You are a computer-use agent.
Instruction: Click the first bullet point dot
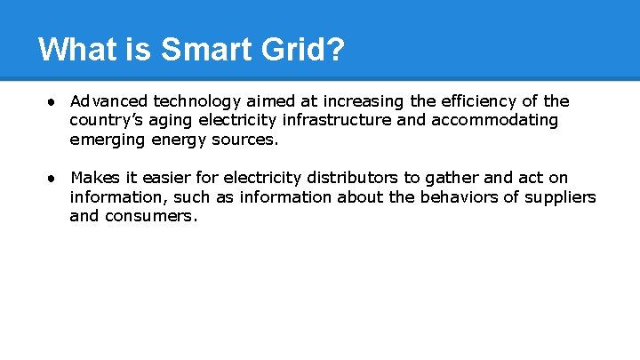point(53,101)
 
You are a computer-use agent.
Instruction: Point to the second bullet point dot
point(53,178)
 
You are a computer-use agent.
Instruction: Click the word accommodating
point(495,120)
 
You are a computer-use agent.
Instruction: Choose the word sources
point(246,140)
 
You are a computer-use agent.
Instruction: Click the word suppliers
point(561,196)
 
